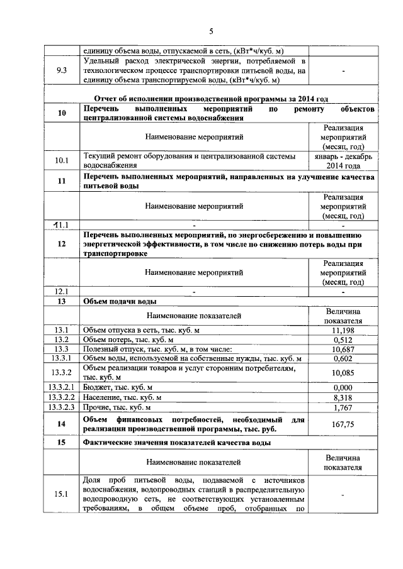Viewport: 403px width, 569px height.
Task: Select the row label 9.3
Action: pyautogui.click(x=62, y=71)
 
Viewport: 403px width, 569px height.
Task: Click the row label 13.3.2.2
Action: pyautogui.click(x=62, y=397)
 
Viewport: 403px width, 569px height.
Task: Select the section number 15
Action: pyautogui.click(x=62, y=443)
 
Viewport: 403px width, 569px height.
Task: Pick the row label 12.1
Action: pyautogui.click(x=62, y=292)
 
